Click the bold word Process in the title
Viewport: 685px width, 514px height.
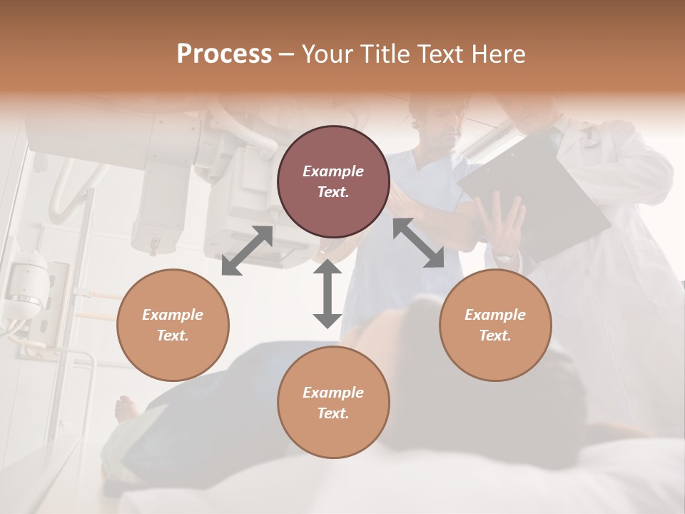pos(224,54)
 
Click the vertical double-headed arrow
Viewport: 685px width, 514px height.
pos(328,293)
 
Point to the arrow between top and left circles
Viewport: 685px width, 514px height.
pos(248,250)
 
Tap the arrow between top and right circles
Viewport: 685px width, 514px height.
pos(418,243)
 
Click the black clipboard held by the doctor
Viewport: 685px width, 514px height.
pos(535,193)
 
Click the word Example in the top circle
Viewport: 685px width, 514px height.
pos(333,171)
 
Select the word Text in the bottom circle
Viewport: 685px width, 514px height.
pos(332,413)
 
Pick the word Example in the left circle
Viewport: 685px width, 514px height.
pos(173,315)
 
